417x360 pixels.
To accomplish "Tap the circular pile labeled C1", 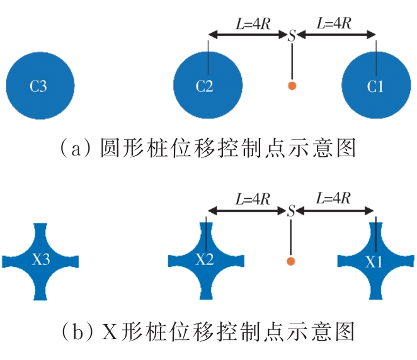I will tap(376, 86).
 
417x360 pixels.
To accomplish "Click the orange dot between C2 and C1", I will tap(292, 86).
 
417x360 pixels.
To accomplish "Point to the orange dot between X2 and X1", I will tap(290, 261).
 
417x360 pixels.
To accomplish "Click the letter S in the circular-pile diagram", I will tap(292, 37).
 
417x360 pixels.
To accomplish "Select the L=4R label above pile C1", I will tap(334, 24).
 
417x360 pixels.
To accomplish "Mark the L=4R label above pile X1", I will tap(333, 199).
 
